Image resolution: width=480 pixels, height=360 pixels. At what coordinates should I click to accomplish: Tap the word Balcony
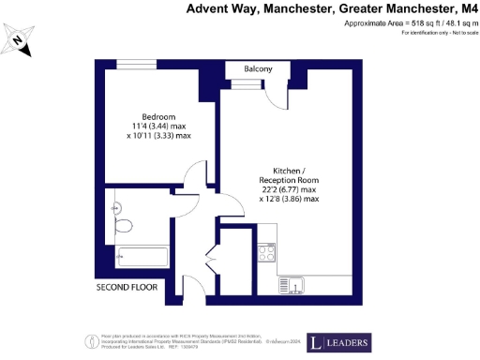point(259,69)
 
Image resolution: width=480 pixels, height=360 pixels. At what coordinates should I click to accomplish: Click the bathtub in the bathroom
point(142,255)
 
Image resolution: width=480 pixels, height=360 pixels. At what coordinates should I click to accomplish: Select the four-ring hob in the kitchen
point(266,253)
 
